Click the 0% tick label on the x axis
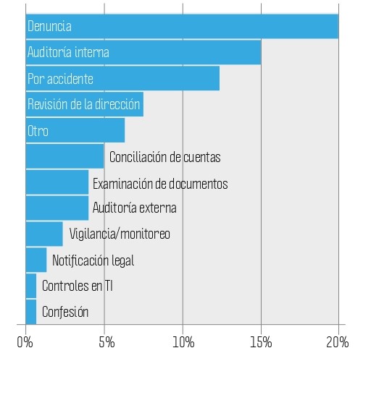(x=25, y=342)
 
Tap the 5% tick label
(x=107, y=342)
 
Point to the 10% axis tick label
(x=183, y=342)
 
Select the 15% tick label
(x=261, y=342)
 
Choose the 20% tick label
(x=337, y=342)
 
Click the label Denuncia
(x=49, y=26)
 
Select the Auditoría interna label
(x=68, y=52)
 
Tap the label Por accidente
(x=60, y=79)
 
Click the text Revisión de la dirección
(x=83, y=104)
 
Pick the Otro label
(x=38, y=131)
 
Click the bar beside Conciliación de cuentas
(x=64, y=156)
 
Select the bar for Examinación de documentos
(x=57, y=182)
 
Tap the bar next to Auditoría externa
(x=57, y=208)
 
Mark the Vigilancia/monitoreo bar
(x=44, y=234)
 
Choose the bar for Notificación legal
(x=36, y=260)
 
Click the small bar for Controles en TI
(x=31, y=286)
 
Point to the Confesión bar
(x=31, y=312)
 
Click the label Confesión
(x=65, y=312)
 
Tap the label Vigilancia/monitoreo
(x=120, y=234)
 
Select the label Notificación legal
(x=93, y=260)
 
